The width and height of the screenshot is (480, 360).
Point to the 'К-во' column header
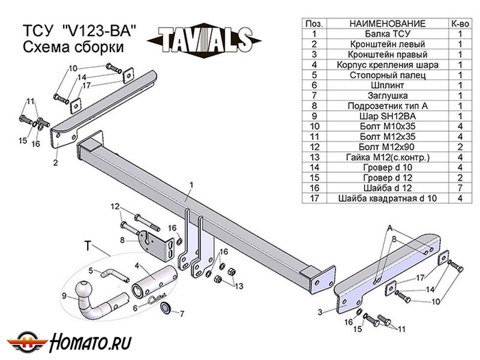tap(460, 23)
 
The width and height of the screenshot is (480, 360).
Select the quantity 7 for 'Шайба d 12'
tap(460, 187)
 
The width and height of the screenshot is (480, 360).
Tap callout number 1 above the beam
tap(191, 184)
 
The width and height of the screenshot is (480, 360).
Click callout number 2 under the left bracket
tap(55, 161)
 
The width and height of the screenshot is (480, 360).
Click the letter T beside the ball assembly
tap(88, 246)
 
